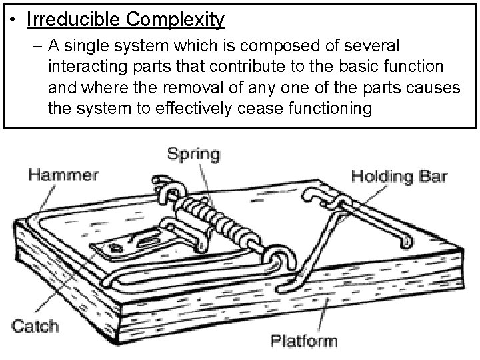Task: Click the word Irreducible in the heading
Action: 74,20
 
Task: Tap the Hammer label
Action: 63,176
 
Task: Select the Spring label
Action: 193,155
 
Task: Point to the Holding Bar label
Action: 399,177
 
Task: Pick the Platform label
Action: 304,341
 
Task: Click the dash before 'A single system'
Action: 35,47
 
